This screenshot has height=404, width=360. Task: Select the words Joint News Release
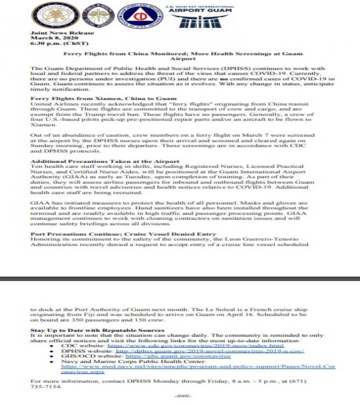tap(62, 33)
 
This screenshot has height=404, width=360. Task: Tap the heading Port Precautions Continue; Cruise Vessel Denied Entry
tap(123, 234)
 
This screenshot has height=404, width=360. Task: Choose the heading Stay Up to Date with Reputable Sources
tap(97, 330)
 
